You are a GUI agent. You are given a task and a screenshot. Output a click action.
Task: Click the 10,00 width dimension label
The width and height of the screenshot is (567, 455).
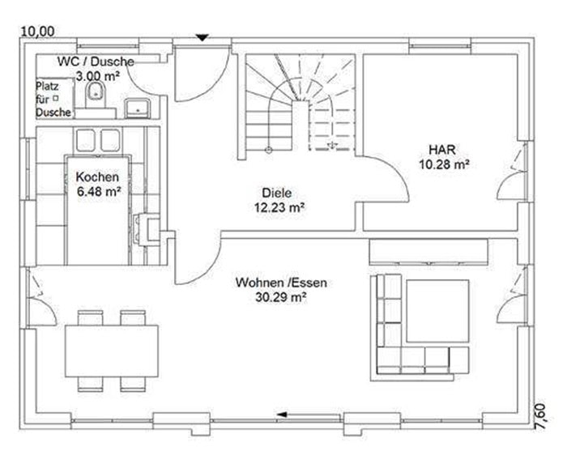[x=38, y=32]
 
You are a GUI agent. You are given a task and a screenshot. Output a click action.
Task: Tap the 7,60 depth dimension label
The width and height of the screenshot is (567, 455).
[x=540, y=417]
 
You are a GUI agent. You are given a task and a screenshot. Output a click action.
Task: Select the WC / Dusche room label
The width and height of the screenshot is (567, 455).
[x=96, y=62]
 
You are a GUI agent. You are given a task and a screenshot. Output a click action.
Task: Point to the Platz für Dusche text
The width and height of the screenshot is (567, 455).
[x=53, y=99]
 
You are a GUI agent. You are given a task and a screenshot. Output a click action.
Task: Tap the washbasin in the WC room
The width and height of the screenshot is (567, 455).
[x=138, y=108]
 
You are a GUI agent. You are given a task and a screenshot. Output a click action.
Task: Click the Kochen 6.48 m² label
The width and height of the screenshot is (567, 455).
[x=98, y=184]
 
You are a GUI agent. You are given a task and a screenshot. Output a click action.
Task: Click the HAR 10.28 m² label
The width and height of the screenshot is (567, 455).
[x=444, y=157]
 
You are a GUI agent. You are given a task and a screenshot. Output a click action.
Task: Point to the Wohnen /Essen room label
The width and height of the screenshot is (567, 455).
[x=281, y=283]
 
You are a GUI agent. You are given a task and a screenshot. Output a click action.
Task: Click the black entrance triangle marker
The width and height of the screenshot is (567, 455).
[x=202, y=37]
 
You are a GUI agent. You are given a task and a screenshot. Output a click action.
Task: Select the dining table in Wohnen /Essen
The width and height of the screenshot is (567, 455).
[x=112, y=351]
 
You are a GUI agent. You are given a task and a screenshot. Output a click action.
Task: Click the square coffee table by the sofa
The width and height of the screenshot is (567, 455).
[x=437, y=311]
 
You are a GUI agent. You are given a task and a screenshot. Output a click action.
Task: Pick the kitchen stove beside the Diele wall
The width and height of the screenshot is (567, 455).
[x=147, y=230]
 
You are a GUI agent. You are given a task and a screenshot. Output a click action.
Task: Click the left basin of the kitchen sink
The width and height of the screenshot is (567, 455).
[x=86, y=140]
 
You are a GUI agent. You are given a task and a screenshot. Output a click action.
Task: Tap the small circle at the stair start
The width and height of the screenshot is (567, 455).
[x=269, y=150]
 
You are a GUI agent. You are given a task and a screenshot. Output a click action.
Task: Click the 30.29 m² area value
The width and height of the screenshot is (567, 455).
[x=281, y=297]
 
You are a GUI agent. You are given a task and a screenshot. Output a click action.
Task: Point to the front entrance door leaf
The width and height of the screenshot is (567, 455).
[x=175, y=74]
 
